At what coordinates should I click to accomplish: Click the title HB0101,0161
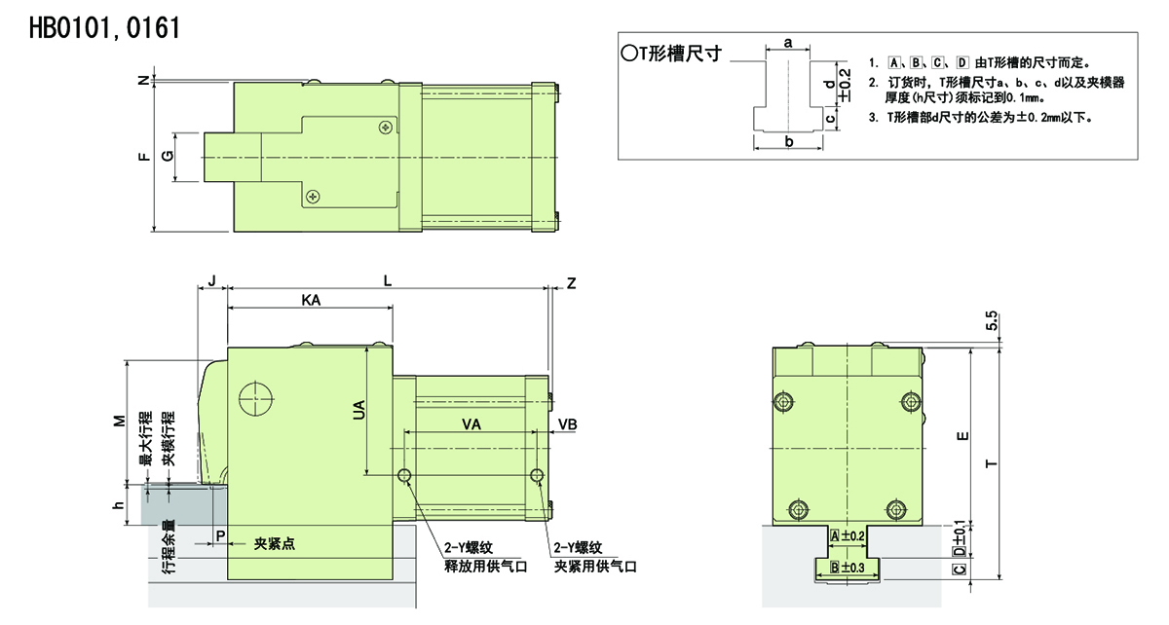[105, 28]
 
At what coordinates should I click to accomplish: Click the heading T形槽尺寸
[671, 54]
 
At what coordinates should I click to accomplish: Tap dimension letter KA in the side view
[311, 300]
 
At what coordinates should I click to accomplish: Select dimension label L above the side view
[388, 281]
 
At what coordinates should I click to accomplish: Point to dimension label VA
[471, 424]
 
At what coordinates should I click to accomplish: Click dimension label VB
[568, 424]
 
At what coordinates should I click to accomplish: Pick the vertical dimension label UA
[359, 410]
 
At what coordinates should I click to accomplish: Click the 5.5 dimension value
[992, 321]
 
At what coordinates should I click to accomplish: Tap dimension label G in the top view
[168, 156]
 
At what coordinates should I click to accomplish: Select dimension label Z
[572, 283]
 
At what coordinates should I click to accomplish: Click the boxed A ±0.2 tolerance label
[847, 536]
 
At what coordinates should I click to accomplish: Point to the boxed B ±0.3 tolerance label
[847, 568]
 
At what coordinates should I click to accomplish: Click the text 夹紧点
[275, 544]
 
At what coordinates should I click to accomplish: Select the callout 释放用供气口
[486, 567]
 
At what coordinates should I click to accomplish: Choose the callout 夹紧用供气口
[595, 567]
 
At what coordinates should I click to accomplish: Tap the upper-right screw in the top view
[386, 127]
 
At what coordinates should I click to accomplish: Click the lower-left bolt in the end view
[799, 510]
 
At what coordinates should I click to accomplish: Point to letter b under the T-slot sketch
[789, 142]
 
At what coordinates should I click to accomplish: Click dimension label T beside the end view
[991, 463]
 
